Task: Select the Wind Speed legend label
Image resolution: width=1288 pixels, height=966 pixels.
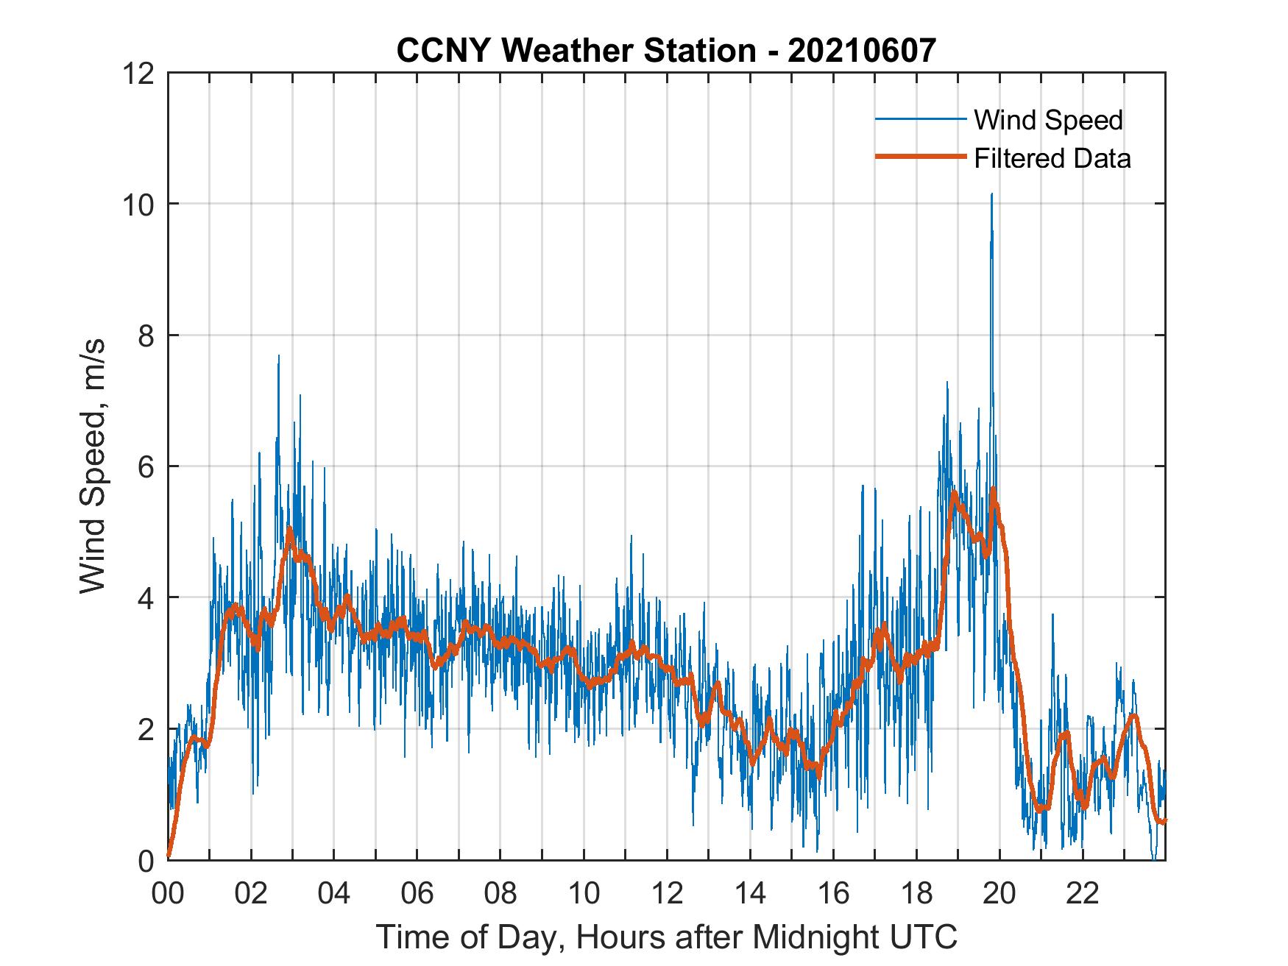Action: click(x=1048, y=120)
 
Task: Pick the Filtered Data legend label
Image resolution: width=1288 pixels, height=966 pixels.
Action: click(x=1052, y=158)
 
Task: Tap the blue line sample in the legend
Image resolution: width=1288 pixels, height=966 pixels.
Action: click(x=920, y=119)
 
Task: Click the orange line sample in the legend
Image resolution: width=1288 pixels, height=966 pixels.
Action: click(x=920, y=157)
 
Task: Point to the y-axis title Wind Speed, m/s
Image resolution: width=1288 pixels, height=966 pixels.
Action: click(x=93, y=466)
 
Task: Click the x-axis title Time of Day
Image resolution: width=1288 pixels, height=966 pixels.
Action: click(x=667, y=937)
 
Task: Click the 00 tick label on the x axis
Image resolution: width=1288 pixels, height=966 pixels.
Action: click(x=169, y=894)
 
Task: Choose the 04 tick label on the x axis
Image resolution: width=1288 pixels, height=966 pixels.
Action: click(x=334, y=894)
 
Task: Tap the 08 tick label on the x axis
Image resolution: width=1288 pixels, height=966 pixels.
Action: click(x=500, y=894)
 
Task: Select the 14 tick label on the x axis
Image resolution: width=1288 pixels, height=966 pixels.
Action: click(x=750, y=894)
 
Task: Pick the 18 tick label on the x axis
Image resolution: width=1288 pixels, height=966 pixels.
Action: click(x=916, y=894)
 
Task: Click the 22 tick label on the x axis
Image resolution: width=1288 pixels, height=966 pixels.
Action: click(x=1083, y=894)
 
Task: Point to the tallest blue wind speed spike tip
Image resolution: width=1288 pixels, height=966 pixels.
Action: click(x=991, y=194)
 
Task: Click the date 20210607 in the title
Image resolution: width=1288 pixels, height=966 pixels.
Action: click(x=863, y=51)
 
